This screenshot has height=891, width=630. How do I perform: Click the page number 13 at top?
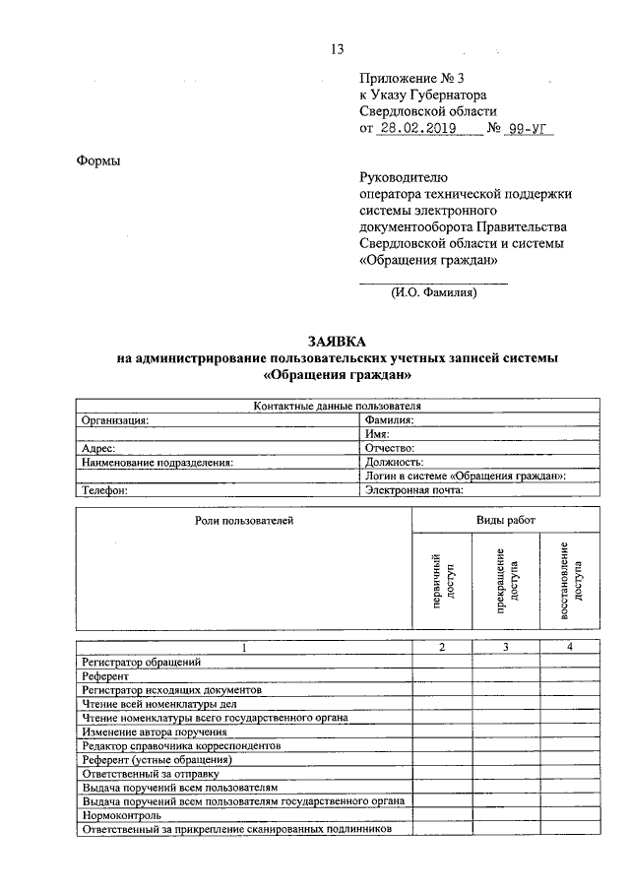click(x=337, y=49)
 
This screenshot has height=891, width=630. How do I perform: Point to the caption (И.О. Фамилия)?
click(x=433, y=292)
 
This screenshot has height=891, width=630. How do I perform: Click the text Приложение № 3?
click(x=407, y=77)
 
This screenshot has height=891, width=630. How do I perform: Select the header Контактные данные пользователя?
click(x=338, y=406)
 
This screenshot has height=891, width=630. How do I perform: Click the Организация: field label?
click(x=115, y=419)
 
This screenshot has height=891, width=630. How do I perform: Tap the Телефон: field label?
click(x=105, y=488)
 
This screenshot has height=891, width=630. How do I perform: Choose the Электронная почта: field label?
click(x=413, y=488)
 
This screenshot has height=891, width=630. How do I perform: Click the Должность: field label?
click(x=394, y=461)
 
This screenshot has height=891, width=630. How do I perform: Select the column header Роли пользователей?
click(x=244, y=519)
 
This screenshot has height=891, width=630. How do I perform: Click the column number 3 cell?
click(x=505, y=647)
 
